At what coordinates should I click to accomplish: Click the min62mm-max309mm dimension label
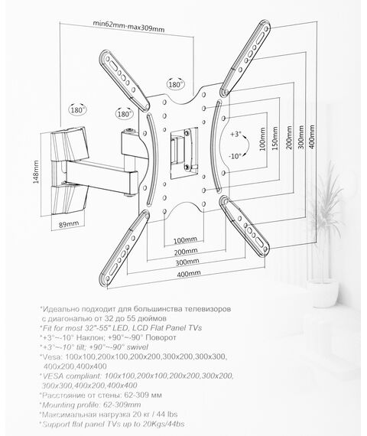pyautogui.click(x=128, y=26)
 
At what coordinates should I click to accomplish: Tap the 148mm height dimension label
pyautogui.click(x=36, y=171)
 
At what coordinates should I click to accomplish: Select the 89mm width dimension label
pyautogui.click(x=69, y=224)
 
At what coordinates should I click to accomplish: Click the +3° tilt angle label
pyautogui.click(x=235, y=134)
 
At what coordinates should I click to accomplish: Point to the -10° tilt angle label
pyautogui.click(x=235, y=156)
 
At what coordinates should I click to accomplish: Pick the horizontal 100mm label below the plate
pyautogui.click(x=185, y=240)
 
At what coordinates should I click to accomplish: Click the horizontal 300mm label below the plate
pyautogui.click(x=187, y=262)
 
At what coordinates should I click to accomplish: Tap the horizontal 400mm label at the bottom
pyautogui.click(x=189, y=274)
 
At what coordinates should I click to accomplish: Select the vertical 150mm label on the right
pyautogui.click(x=275, y=138)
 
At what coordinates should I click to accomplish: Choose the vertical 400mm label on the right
pyautogui.click(x=312, y=137)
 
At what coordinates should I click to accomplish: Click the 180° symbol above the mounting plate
pyautogui.click(x=176, y=84)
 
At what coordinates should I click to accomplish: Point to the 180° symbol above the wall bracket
pyautogui.click(x=77, y=110)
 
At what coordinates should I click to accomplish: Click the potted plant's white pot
pyautogui.click(x=323, y=293)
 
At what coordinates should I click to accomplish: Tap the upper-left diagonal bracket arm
pyautogui.click(x=125, y=80)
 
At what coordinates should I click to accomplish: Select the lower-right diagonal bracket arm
pyautogui.click(x=245, y=226)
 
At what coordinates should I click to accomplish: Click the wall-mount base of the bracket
pyautogui.click(x=69, y=171)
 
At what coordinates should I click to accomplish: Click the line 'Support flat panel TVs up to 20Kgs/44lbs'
pyautogui.click(x=113, y=424)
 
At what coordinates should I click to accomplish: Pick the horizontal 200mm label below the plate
pyautogui.click(x=186, y=252)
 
